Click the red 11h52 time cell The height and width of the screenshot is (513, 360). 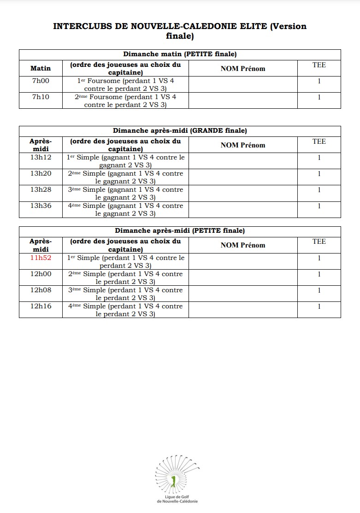point(41,258)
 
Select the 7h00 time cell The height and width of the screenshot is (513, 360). point(41,81)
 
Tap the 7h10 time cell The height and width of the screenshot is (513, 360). point(41,97)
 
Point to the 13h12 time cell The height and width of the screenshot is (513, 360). point(41,158)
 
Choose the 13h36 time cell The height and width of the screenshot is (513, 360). point(41,206)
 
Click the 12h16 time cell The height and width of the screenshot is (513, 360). point(41,306)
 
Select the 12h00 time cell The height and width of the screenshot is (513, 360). point(41,274)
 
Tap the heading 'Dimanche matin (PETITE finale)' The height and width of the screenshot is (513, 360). point(180,54)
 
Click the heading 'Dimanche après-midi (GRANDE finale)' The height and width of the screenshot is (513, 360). point(180,131)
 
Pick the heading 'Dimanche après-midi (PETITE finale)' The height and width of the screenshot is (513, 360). point(180,231)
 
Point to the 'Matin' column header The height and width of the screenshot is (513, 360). point(41,69)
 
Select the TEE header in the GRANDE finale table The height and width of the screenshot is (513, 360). point(319,142)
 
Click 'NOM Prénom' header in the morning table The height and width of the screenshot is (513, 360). point(243,69)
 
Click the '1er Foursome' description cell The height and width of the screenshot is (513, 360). point(125,85)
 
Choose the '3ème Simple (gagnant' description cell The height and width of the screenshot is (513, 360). point(125,194)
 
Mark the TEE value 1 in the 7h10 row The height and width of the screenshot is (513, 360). point(319,97)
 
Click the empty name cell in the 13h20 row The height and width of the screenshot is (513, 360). point(243,177)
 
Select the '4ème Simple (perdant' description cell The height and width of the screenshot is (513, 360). point(125,310)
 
